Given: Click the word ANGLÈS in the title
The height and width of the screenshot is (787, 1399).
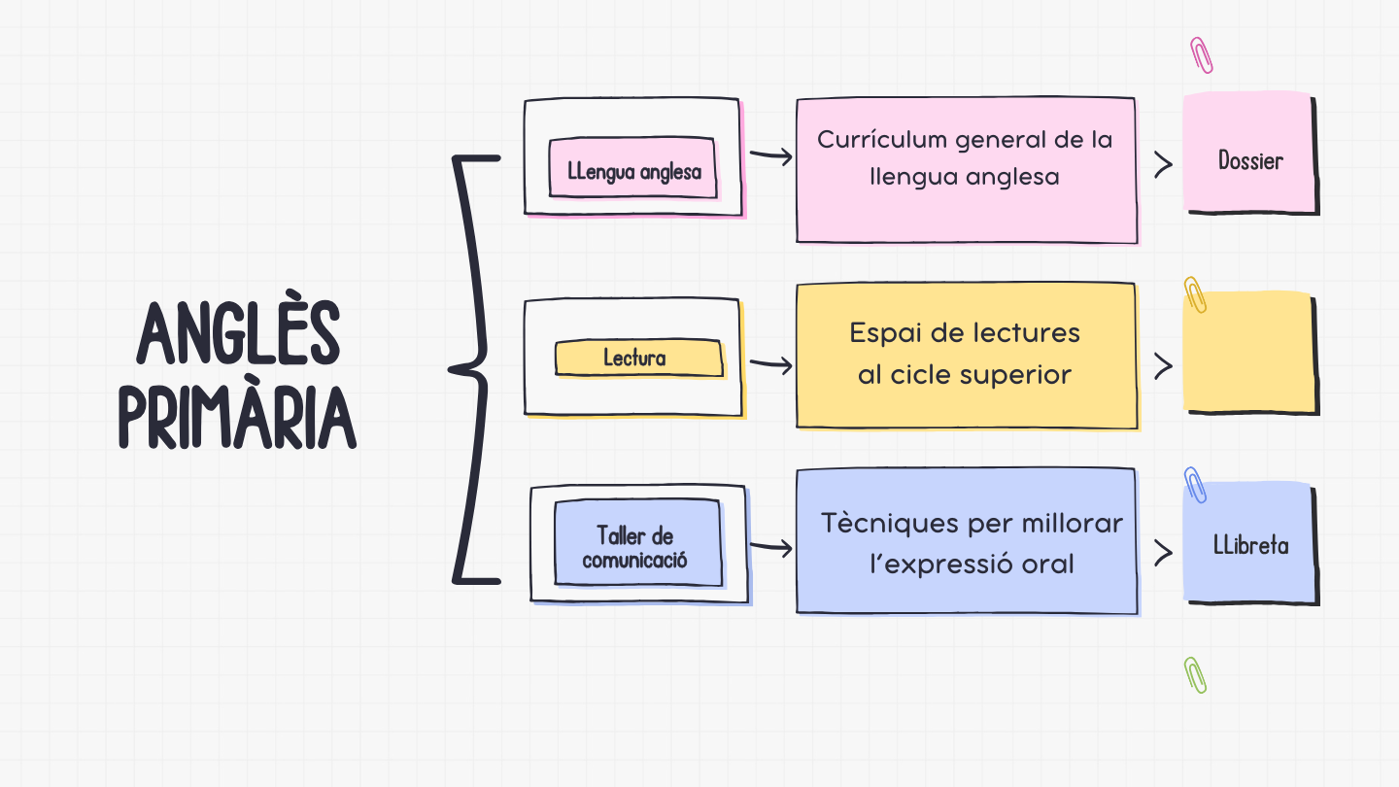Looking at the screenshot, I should pos(239,333).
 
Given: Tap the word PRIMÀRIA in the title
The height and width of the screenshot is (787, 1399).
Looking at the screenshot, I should pos(238,418).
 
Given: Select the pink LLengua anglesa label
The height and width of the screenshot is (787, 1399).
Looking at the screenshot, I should pos(633,172).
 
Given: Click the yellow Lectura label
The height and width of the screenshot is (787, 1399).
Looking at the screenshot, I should pos(635,358).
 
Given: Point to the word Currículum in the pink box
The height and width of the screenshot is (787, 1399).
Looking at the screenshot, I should pos(881,140).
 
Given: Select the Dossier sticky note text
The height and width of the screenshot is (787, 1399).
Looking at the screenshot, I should pos(1250,160).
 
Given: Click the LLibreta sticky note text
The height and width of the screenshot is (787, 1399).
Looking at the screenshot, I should pos(1251,545).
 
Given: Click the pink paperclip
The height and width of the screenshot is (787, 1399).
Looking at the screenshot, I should pos(1201,55).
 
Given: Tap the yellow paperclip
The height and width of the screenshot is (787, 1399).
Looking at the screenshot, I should pos(1195,293).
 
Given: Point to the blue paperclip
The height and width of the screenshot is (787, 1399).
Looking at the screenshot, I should pos(1195,484).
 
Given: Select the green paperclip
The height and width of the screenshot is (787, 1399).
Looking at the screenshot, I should pos(1195,674).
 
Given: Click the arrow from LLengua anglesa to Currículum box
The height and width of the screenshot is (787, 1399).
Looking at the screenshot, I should pos(771,156).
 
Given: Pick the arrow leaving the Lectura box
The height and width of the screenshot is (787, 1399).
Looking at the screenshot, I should pos(771,365).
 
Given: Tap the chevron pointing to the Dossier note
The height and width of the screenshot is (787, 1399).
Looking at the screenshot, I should pos(1162,165).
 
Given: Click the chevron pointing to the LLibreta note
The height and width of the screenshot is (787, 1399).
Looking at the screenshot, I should pos(1162,552).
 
